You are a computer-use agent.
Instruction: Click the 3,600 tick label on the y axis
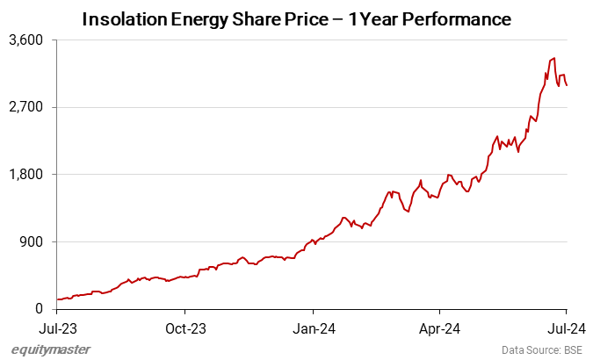27,40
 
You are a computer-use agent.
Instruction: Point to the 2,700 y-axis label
27,107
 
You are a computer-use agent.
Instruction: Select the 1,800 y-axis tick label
27,175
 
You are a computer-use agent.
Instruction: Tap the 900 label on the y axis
33,241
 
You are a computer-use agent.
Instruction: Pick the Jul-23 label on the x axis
57,329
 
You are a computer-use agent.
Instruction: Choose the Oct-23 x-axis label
184,329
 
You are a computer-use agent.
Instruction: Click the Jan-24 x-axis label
314,329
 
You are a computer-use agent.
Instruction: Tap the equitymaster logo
51,349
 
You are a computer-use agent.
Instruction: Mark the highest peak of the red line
553,59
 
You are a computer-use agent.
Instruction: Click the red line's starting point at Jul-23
57,299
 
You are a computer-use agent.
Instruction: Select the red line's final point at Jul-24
567,85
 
